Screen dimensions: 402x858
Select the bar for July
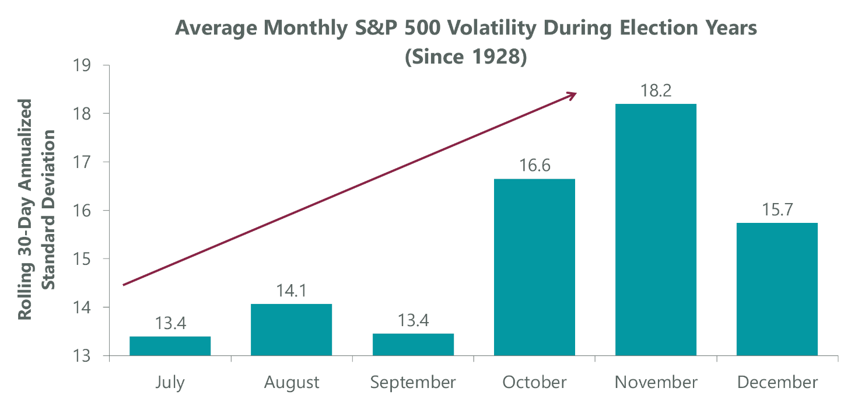click(x=170, y=346)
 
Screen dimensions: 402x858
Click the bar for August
click(x=291, y=330)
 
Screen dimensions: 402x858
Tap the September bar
click(x=413, y=344)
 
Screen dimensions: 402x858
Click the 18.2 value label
click(x=656, y=92)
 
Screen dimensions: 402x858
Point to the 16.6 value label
click(x=534, y=167)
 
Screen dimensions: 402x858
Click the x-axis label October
click(x=534, y=383)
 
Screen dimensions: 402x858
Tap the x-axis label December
click(x=777, y=383)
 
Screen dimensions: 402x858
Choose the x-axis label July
click(x=170, y=383)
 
